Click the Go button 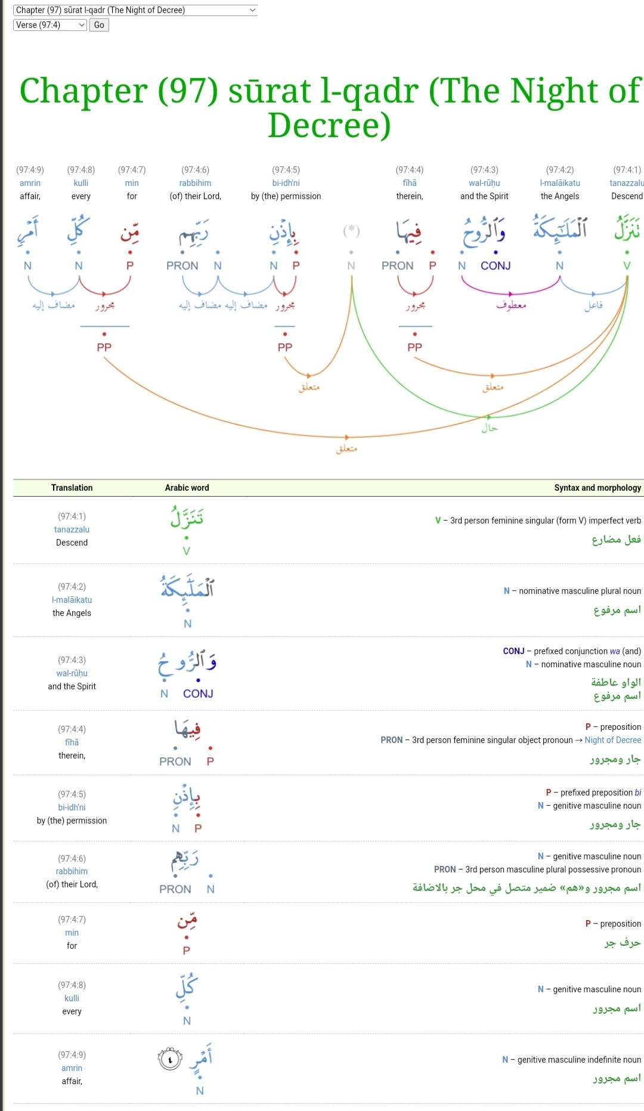[x=99, y=25]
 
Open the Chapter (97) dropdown [x=135, y=10]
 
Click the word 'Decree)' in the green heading [x=329, y=125]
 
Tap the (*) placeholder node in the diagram [x=351, y=230]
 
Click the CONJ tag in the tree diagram [x=496, y=266]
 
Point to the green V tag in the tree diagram [x=627, y=266]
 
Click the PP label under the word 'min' [x=104, y=347]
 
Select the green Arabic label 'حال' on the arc [x=490, y=428]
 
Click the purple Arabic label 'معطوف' [x=511, y=305]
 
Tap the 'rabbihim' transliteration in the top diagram [x=195, y=183]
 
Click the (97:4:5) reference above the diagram [x=286, y=170]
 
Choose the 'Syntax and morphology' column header [x=597, y=488]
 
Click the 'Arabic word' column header [x=187, y=488]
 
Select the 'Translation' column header [x=72, y=488]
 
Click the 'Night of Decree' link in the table [x=612, y=740]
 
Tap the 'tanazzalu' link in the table [x=72, y=530]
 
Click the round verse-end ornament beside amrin [x=170, y=1059]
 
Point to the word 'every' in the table [x=72, y=1011]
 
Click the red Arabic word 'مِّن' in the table [x=187, y=922]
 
